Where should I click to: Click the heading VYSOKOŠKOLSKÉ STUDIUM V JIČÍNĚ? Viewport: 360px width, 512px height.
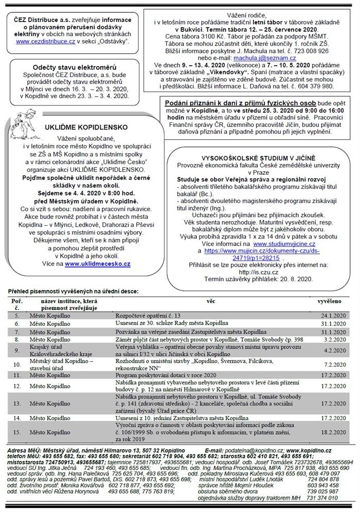click(x=259, y=157)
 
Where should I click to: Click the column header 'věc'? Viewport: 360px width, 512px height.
click(x=210, y=299)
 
